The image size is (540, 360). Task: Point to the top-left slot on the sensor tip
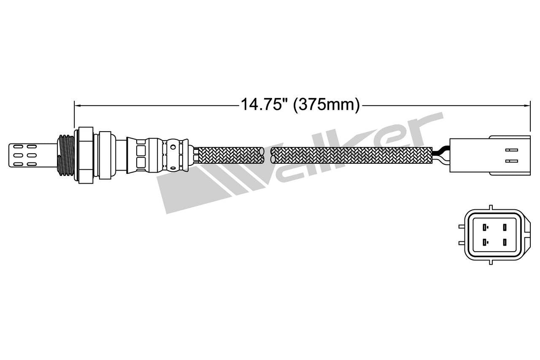tap(18, 147)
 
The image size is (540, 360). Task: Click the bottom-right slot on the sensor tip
tap(32, 163)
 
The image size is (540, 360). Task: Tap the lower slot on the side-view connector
tap(510, 160)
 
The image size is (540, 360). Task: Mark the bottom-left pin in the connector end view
tap(486, 242)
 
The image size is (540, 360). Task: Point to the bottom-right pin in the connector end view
tap(504, 242)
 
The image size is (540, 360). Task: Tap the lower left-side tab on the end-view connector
tap(462, 243)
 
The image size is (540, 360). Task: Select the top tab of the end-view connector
tap(490, 207)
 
